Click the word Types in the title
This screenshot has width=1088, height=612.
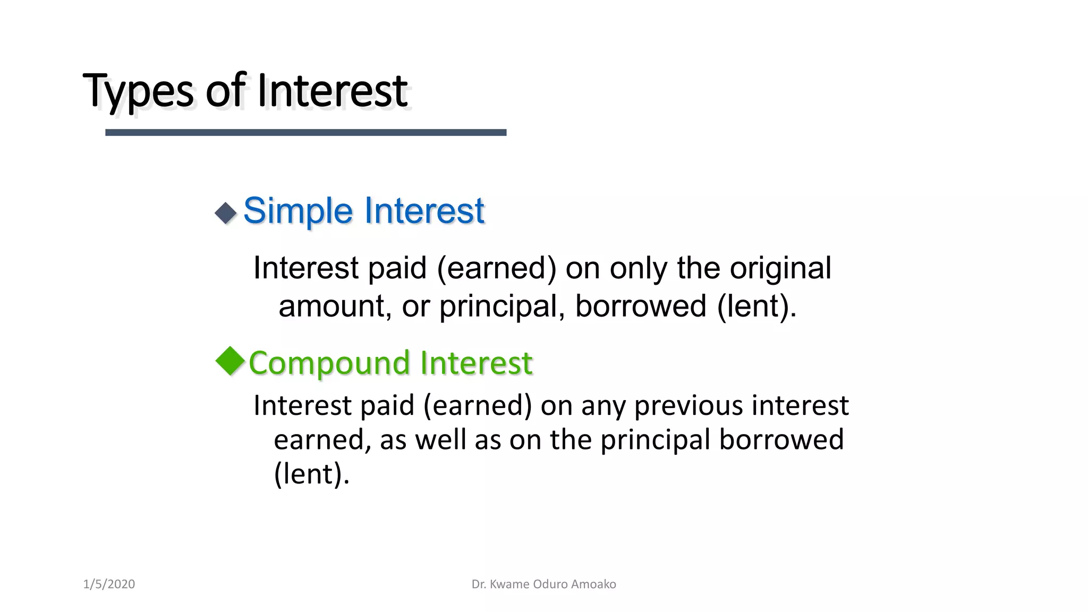tap(138, 91)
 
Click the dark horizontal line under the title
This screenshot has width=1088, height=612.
tap(305, 132)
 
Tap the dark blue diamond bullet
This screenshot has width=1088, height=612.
tap(226, 214)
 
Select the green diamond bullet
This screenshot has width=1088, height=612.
tap(230, 361)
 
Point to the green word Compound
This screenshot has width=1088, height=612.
tap(329, 363)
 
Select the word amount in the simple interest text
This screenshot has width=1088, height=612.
tap(335, 307)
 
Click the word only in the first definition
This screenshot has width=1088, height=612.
tap(637, 268)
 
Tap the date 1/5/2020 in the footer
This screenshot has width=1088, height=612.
tap(109, 584)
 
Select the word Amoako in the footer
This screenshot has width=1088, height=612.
tap(596, 584)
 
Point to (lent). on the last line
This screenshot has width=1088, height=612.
tap(311, 474)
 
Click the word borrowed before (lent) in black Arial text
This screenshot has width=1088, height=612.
tap(640, 307)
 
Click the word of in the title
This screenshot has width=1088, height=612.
tap(225, 91)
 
